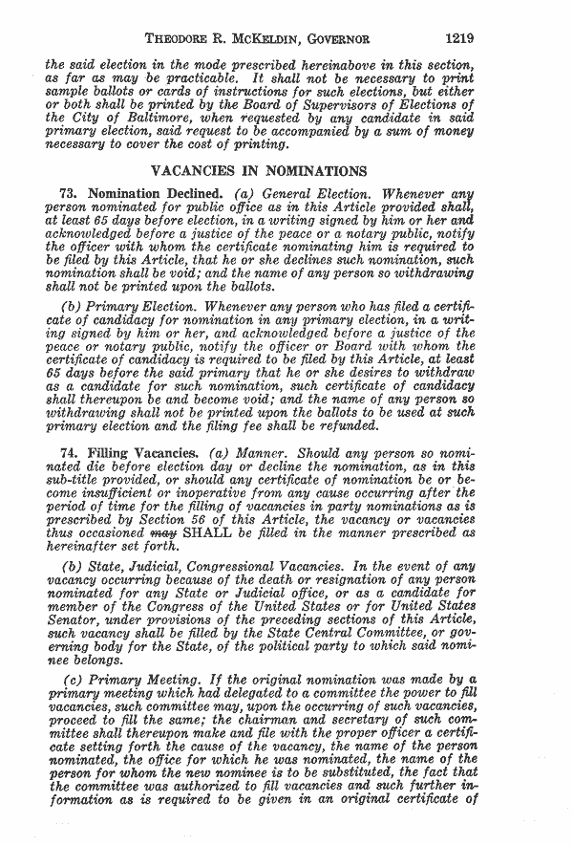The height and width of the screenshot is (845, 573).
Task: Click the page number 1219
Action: click(458, 39)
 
